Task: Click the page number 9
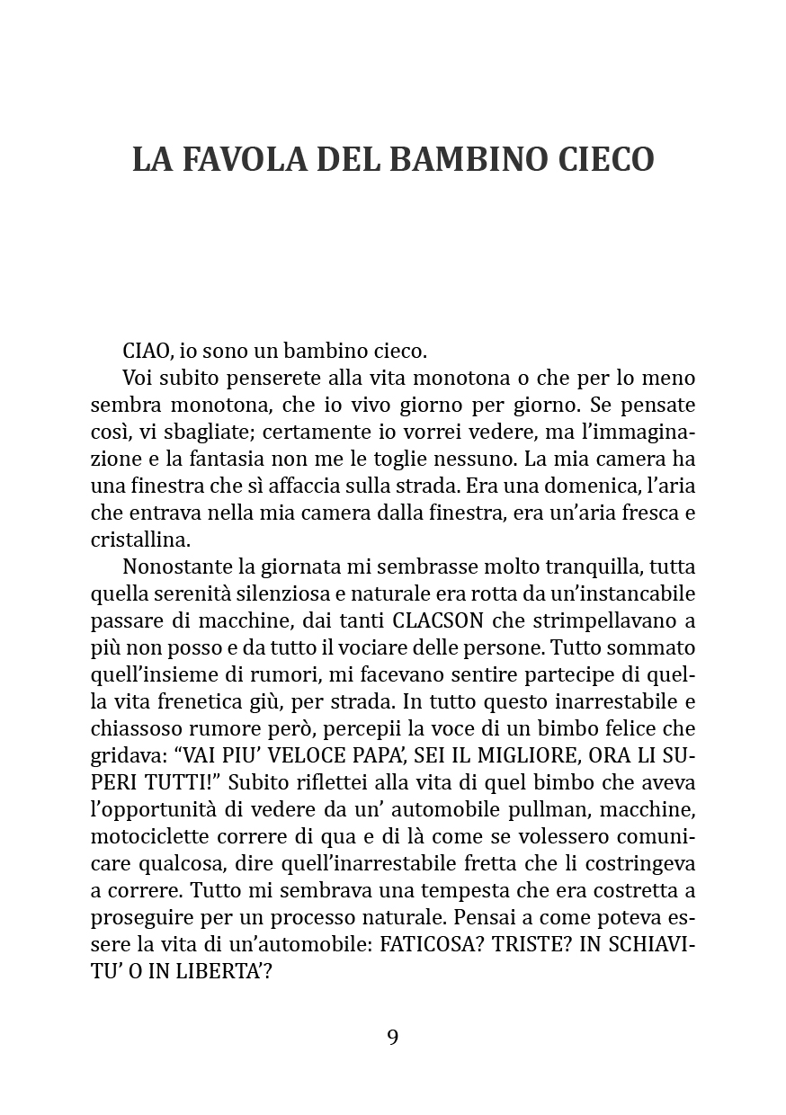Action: (x=393, y=1037)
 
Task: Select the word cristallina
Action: (x=141, y=540)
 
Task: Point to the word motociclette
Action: (x=146, y=836)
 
